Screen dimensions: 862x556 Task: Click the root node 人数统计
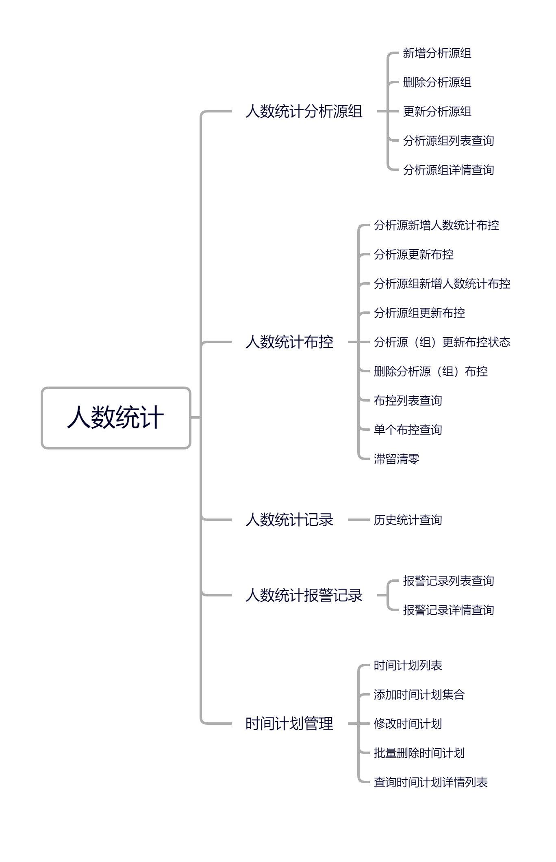116,418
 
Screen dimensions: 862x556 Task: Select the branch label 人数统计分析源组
304,112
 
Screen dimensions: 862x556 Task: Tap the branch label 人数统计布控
289,342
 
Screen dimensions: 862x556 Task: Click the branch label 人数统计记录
289,520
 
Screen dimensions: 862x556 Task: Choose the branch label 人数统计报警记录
304,596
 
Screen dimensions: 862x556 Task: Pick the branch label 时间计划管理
289,724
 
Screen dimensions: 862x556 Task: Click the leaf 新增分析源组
437,53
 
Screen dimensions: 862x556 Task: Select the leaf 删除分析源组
437,82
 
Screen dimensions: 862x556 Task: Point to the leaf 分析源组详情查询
448,170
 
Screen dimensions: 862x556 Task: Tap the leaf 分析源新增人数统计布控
436,225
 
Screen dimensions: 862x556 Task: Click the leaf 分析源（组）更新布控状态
442,342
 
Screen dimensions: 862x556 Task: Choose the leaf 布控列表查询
408,401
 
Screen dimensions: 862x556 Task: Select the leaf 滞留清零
396,459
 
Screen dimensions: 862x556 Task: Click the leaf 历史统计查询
408,520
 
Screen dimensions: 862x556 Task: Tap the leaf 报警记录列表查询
448,581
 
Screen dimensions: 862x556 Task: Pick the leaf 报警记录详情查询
448,610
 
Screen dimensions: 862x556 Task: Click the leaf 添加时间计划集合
419,695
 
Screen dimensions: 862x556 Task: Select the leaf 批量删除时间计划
419,753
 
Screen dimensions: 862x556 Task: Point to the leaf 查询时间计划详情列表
430,782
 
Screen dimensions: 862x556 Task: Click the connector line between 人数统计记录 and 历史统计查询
358,520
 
